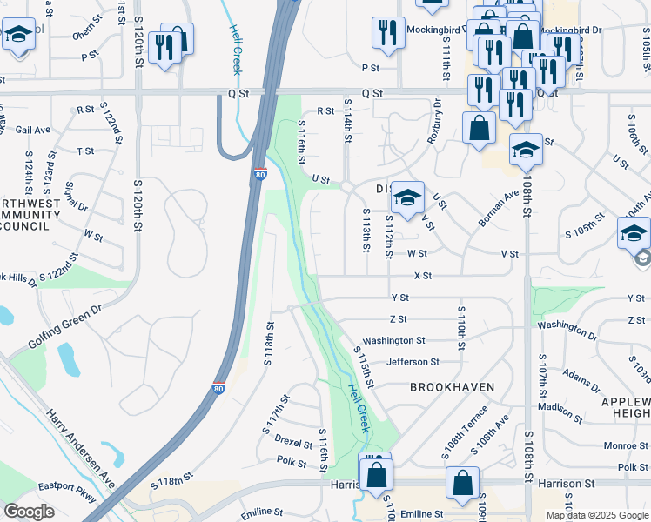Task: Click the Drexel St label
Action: (x=293, y=440)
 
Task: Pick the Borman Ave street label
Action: (x=498, y=210)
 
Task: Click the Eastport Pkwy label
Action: (x=70, y=501)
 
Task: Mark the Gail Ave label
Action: (x=33, y=130)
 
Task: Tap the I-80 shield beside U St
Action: (x=260, y=175)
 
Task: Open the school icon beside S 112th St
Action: (x=406, y=197)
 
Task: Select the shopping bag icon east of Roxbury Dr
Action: (x=478, y=128)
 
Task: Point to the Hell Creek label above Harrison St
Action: (x=357, y=407)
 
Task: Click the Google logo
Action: (x=29, y=512)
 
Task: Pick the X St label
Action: (x=423, y=276)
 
